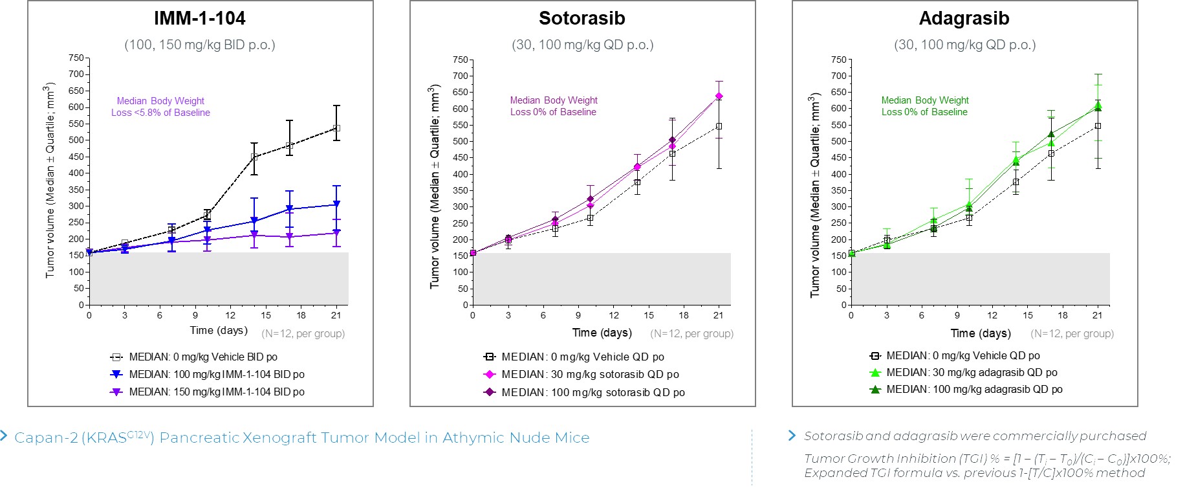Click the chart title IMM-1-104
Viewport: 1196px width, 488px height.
199,18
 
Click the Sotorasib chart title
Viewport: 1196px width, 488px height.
582,18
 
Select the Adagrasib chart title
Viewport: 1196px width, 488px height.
964,18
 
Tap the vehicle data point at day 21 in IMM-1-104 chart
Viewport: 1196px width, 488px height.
336,128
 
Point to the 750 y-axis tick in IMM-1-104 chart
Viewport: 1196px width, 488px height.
76,58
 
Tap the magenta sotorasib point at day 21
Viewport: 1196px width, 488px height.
719,96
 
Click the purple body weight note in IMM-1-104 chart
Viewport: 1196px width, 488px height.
160,107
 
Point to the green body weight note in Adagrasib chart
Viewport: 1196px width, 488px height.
924,106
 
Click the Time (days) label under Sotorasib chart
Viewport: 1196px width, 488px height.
602,333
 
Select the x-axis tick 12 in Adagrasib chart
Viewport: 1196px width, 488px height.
992,315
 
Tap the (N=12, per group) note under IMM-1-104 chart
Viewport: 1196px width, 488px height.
303,334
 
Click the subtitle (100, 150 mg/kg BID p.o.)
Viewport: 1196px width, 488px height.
199,45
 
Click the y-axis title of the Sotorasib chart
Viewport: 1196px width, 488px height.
435,186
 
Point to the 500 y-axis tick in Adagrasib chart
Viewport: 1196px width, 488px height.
839,141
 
